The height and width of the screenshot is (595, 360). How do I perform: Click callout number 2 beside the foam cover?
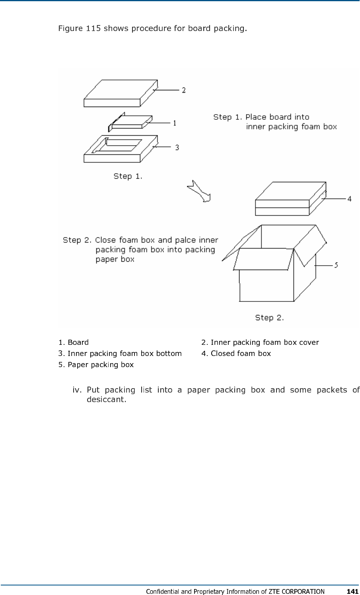pos(183,90)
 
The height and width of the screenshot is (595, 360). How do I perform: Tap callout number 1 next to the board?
pos(174,123)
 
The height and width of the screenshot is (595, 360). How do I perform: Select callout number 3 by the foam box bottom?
pos(177,147)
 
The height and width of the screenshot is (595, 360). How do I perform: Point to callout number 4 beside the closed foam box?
pos(349,198)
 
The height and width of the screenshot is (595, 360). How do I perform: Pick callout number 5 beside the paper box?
pos(336,265)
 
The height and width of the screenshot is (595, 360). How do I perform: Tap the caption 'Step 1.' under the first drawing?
pos(128,176)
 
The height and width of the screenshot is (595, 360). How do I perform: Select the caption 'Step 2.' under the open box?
pos(269,317)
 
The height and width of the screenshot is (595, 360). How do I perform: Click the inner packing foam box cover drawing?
pos(119,93)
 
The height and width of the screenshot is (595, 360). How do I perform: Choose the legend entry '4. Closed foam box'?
pos(236,354)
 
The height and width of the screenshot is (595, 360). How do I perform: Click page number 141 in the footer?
pos(352,591)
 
